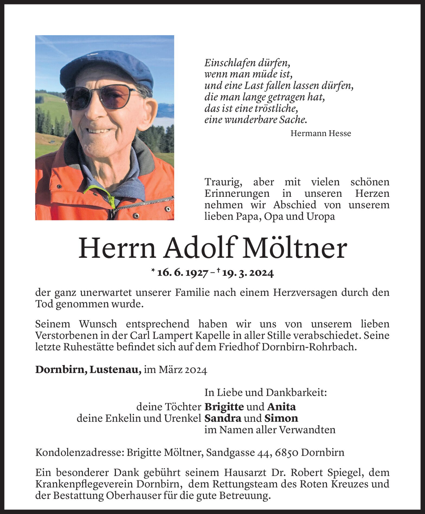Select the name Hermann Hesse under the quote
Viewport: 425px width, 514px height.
point(321,133)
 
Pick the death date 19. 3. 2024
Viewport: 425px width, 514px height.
point(248,273)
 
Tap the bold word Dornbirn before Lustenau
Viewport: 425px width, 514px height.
point(61,370)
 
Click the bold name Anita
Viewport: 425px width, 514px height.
point(282,407)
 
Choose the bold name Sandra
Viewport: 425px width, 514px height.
point(223,418)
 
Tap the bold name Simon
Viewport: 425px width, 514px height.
point(281,418)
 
